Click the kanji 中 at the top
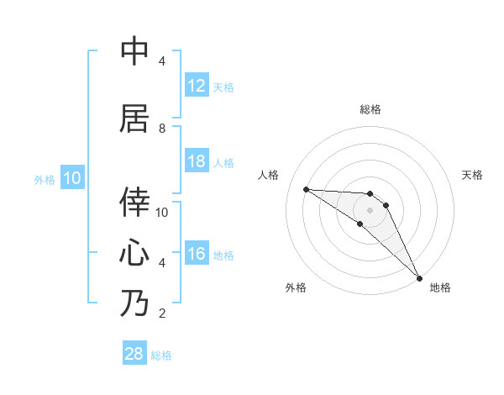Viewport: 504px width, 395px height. point(134,52)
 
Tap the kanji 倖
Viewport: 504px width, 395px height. point(134,202)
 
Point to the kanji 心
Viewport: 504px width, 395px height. point(134,252)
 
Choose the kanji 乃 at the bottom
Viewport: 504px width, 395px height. point(134,303)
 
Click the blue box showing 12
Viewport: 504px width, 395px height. point(196,86)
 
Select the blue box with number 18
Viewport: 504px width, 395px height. point(196,161)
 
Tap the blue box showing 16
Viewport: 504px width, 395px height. point(196,254)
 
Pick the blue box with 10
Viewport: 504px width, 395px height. point(71,178)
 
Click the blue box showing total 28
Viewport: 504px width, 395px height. point(134,354)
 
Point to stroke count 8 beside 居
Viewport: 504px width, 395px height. point(162,128)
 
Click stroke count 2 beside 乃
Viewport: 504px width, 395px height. point(162,313)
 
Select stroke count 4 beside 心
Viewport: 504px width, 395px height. point(162,263)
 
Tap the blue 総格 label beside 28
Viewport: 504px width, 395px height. point(161,355)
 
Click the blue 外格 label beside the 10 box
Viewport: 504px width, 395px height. point(44,179)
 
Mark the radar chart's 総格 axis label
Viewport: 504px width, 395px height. point(370,109)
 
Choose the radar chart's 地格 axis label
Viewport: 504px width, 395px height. point(440,288)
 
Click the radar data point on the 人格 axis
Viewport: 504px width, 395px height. point(306,189)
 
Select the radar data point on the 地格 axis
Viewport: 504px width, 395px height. point(419,277)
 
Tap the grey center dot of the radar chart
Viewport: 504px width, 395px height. point(370,209)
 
